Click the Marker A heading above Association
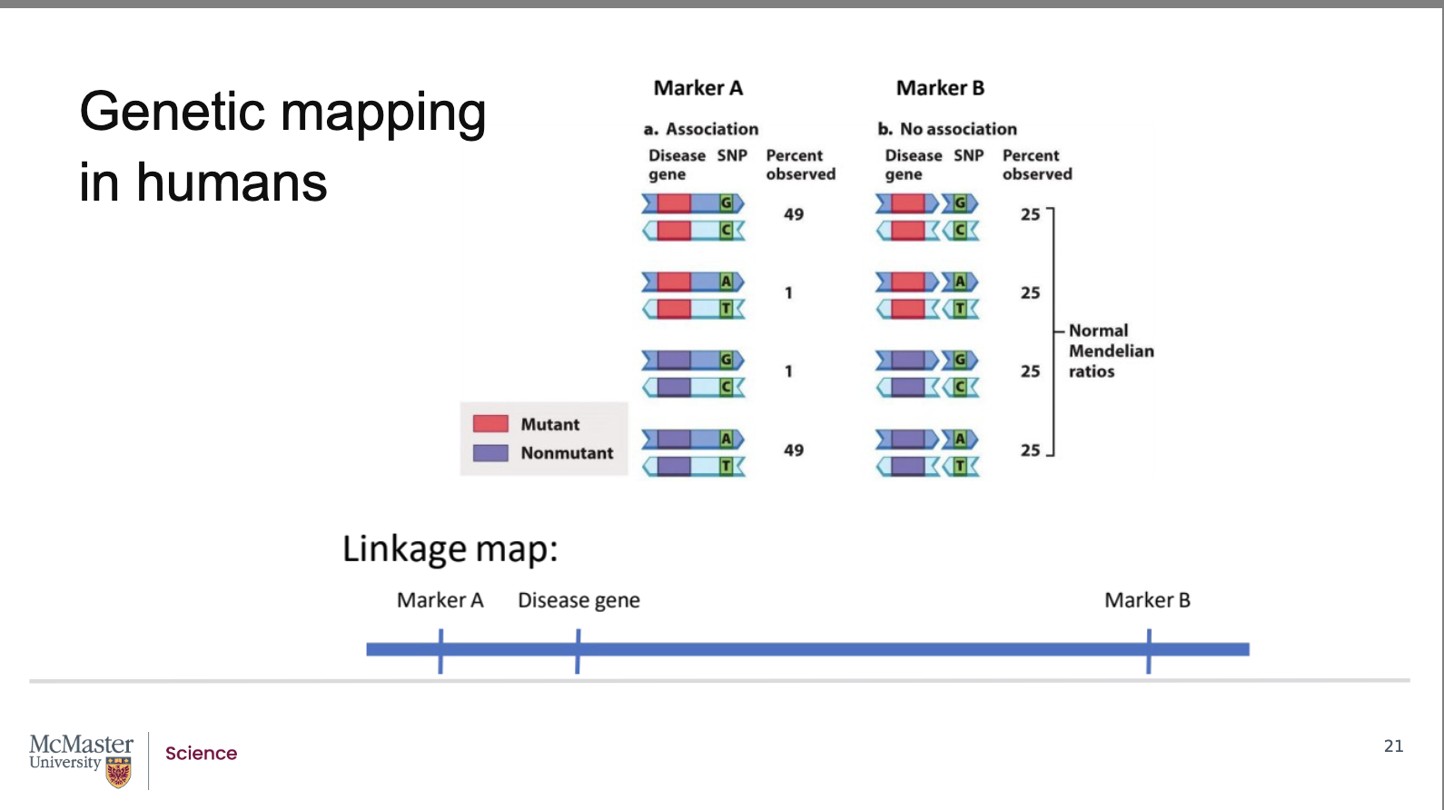[697, 88]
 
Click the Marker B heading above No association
[940, 88]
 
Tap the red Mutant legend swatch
[490, 424]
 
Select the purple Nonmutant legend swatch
[490, 452]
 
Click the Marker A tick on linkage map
[440, 650]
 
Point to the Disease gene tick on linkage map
[578, 650]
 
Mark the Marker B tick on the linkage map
[1149, 650]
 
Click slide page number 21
[1393, 746]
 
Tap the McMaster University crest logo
[119, 773]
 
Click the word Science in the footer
[201, 754]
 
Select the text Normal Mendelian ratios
[1110, 351]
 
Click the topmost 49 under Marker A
[794, 214]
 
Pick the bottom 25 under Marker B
[1030, 450]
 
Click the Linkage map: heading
[450, 549]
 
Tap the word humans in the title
[232, 183]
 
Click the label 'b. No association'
[947, 129]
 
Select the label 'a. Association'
[701, 129]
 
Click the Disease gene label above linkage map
[579, 600]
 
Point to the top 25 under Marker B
[1030, 214]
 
